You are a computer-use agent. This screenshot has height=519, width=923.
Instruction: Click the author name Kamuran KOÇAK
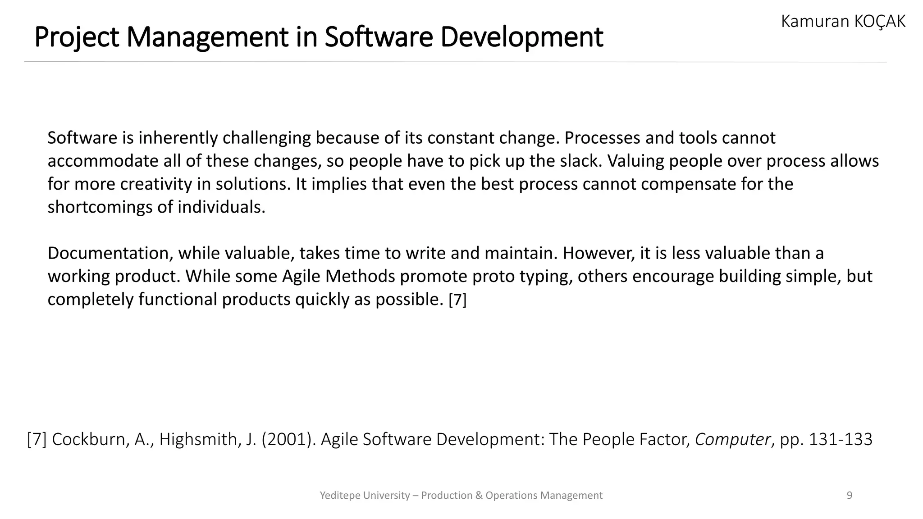[x=843, y=21]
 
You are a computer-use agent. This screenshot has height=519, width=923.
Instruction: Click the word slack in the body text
[x=580, y=161]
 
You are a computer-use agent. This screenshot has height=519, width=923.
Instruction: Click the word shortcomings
[x=100, y=207]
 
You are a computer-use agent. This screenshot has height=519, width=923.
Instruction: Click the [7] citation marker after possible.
[x=457, y=300]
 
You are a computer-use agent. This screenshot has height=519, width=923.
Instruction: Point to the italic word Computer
[x=733, y=439]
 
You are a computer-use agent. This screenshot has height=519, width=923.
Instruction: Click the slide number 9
[x=850, y=496]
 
